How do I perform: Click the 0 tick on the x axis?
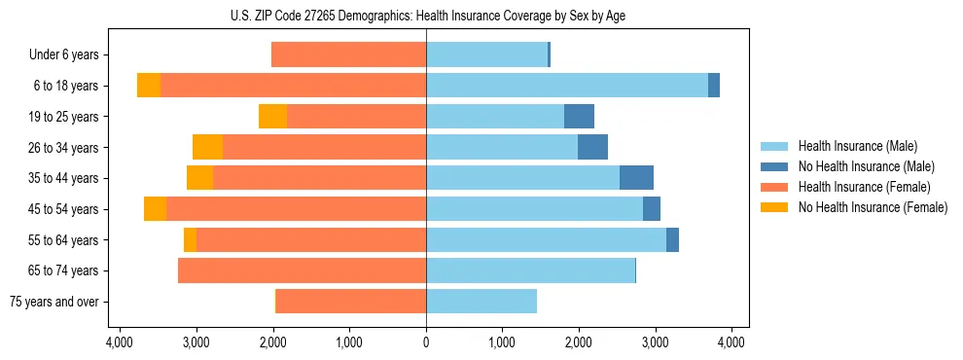426,342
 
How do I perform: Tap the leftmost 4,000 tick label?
120,342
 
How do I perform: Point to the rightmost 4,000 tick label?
731,342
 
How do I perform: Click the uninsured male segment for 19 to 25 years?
579,117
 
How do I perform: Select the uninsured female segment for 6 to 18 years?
149,86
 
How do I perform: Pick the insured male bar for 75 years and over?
481,302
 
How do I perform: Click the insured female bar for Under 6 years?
348,55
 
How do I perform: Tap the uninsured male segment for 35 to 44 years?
636,178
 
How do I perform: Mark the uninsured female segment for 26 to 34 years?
207,147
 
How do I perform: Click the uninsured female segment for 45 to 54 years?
155,209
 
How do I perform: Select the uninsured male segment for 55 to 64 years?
672,239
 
